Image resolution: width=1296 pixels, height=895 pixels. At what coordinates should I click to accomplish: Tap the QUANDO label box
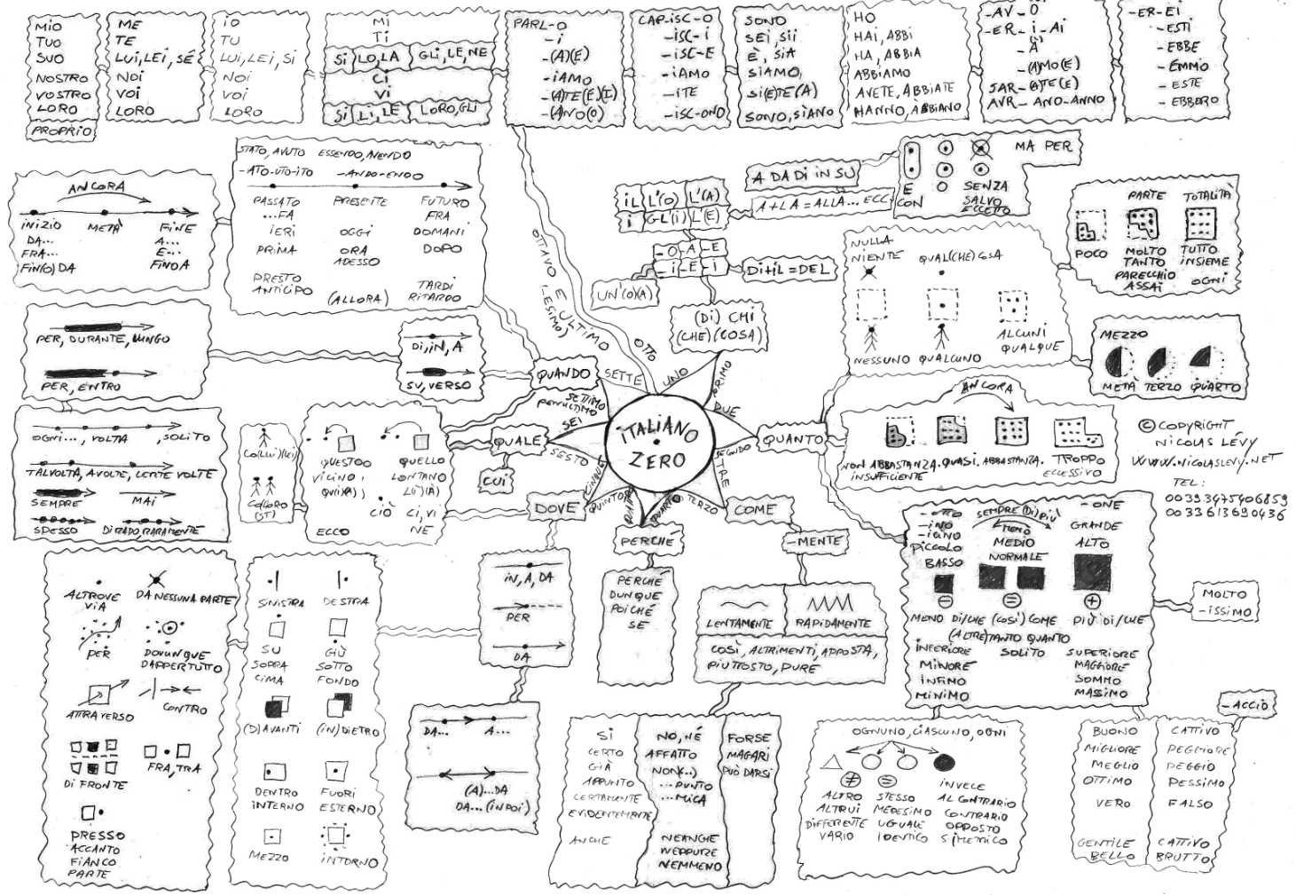[562, 375]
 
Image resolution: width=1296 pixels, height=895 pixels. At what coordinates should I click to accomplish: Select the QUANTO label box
[792, 438]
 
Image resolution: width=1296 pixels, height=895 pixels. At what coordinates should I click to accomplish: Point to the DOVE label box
[555, 508]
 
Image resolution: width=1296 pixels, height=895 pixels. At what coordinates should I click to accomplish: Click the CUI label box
[492, 480]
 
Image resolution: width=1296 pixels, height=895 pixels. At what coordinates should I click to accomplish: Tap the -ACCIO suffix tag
[1250, 705]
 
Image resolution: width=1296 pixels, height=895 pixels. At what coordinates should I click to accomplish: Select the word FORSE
[750, 737]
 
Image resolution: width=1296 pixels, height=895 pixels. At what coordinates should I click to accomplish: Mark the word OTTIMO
[1107, 781]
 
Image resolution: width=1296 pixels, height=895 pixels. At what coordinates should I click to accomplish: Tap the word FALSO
[1190, 804]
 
